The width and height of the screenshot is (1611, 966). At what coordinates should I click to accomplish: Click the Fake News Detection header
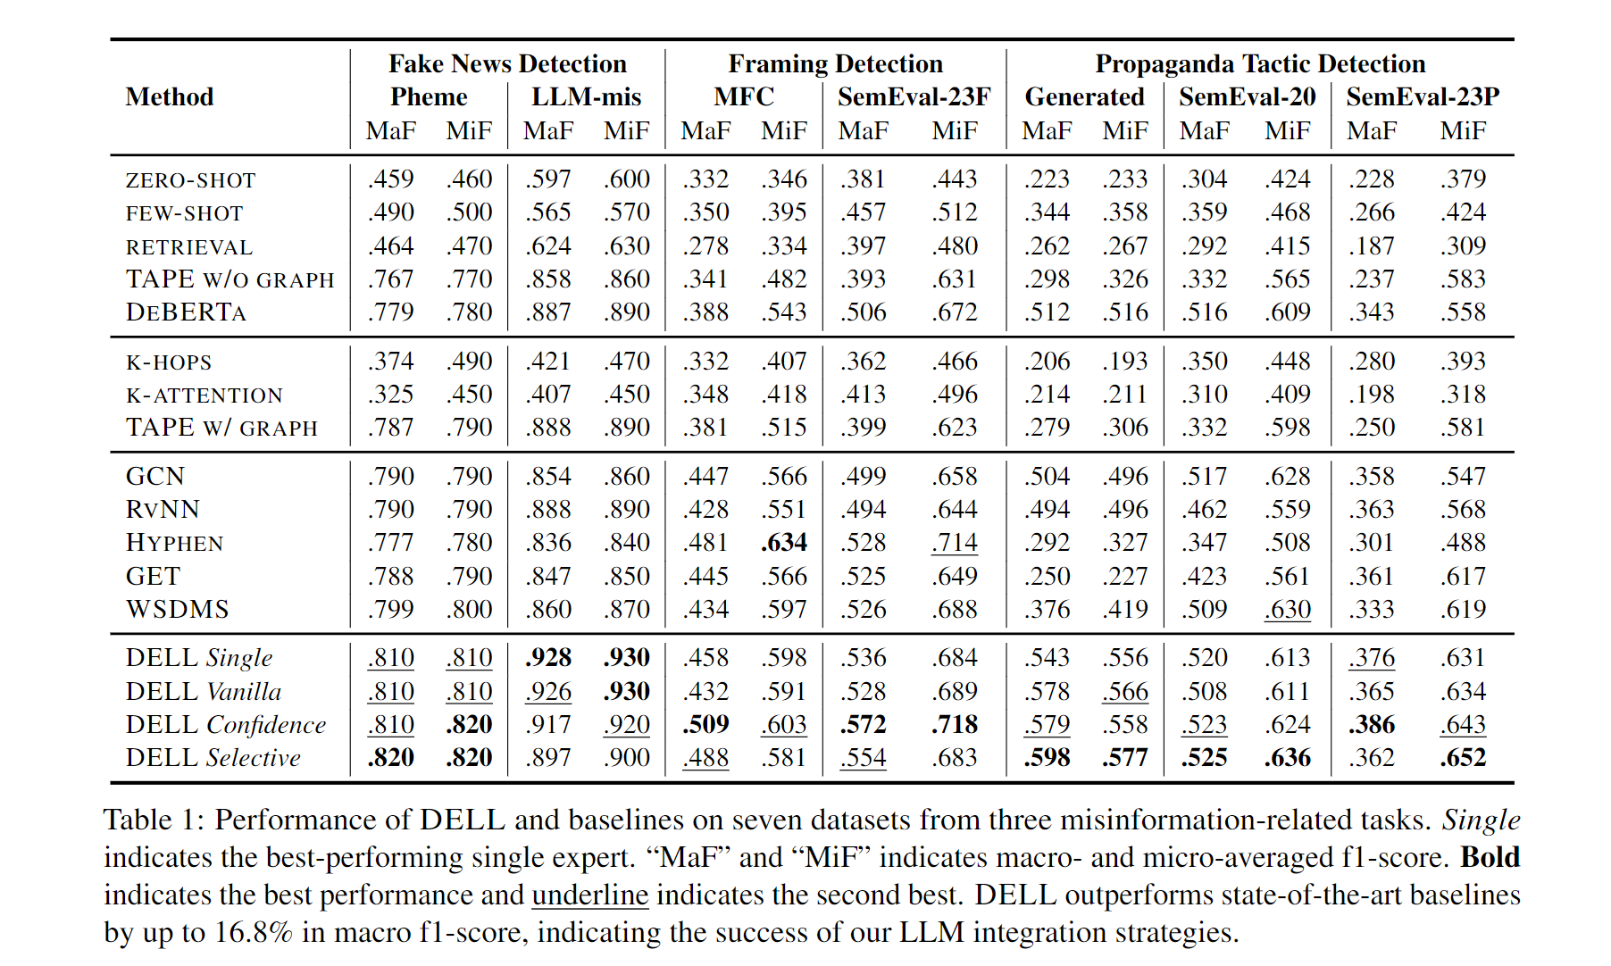point(507,64)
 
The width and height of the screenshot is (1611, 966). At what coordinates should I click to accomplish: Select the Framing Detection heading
point(835,64)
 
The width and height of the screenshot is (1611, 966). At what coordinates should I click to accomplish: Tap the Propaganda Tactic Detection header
point(1260,64)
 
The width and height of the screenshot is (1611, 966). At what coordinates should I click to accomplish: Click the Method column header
point(170,97)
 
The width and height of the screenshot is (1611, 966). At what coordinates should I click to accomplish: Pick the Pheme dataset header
point(429,97)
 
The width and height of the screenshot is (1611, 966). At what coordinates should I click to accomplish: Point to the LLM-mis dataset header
point(587,97)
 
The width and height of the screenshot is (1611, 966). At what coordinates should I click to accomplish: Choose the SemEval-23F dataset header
point(914,97)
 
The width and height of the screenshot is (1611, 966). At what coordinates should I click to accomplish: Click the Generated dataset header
point(1084,97)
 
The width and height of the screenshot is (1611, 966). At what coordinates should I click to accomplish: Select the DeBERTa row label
point(186,312)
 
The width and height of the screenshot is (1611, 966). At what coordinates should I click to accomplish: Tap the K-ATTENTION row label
point(205,395)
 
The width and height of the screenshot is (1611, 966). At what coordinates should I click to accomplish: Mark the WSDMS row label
point(178,610)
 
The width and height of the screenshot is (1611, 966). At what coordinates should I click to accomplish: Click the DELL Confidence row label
point(226,725)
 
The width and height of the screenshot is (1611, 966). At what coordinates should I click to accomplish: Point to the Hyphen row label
point(175,543)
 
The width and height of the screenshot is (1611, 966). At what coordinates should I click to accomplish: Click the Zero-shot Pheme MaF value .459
point(390,179)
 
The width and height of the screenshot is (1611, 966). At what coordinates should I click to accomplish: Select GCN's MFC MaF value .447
point(705,477)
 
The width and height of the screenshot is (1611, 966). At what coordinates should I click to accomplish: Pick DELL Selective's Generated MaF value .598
point(1047,758)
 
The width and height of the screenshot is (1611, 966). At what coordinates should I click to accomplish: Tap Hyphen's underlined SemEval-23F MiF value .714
point(955,543)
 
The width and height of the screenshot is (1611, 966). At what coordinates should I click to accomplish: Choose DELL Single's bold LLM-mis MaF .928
point(548,658)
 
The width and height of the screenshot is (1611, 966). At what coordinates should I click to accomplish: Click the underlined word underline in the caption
point(590,895)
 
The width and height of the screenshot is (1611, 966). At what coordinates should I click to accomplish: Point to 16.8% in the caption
point(254,933)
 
